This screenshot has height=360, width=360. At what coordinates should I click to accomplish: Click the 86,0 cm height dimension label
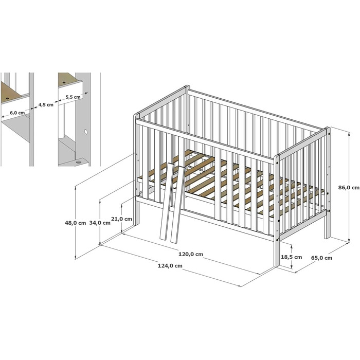tap(349, 187)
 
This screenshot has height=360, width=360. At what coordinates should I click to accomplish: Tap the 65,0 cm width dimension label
tap(321, 258)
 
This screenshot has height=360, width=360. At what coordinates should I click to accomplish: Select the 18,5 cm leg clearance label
tap(292, 257)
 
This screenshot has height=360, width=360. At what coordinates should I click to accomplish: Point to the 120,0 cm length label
tap(191, 254)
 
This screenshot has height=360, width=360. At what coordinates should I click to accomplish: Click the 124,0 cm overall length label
tap(170, 266)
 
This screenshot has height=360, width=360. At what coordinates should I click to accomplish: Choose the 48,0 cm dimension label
tap(75, 223)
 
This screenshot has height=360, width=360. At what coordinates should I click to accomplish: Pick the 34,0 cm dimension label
tap(100, 223)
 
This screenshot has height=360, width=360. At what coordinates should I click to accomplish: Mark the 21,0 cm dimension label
tap(122, 219)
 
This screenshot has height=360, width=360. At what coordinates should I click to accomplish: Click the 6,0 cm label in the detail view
tap(17, 113)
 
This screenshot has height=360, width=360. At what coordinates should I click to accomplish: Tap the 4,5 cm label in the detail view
tap(46, 105)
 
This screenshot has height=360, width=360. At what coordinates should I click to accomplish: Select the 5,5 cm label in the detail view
tap(73, 97)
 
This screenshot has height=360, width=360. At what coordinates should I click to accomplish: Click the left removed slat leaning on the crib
tap(167, 202)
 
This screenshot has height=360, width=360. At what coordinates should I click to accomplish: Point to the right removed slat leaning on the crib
tap(178, 204)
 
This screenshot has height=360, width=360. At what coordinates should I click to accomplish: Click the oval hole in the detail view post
tap(86, 132)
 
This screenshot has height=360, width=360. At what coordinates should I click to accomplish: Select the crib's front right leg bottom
tap(277, 265)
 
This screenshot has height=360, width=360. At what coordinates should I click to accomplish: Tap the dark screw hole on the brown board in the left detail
tap(8, 98)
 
